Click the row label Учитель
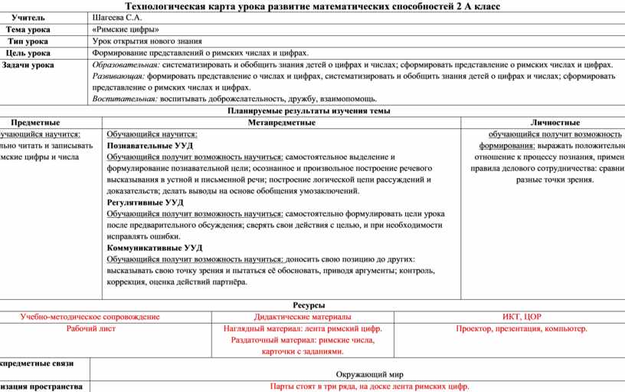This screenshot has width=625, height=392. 28,17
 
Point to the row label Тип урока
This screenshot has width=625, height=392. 28,41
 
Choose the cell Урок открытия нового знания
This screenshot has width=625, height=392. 147,41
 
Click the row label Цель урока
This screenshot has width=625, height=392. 28,54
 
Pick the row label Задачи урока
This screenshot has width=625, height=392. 28,66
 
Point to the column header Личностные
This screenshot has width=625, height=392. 555,123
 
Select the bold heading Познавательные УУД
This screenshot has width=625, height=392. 150,145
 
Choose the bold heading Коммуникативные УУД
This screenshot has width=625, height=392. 155,248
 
